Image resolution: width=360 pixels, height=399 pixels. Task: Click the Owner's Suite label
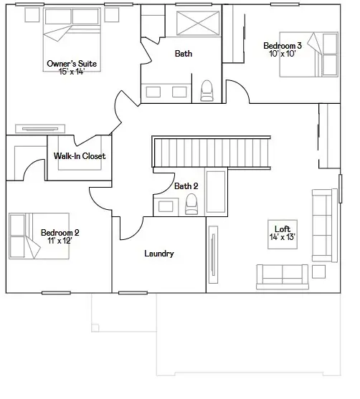72,64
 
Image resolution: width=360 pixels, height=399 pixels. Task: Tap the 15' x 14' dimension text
72,72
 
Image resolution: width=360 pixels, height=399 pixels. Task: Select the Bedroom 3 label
283,45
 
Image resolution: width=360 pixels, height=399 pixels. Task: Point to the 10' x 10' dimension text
283,54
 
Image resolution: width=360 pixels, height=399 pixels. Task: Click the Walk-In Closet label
79,156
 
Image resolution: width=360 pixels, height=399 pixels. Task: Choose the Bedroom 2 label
60,232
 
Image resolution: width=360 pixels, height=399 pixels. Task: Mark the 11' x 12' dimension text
60,241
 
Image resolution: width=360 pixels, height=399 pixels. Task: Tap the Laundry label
158,254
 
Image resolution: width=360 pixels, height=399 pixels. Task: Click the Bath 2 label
186,186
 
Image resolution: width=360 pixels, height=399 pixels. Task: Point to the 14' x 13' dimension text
282,237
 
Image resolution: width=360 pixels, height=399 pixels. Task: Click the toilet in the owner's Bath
207,90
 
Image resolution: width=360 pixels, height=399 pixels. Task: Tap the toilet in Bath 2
191,204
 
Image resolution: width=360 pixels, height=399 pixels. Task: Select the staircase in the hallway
212,152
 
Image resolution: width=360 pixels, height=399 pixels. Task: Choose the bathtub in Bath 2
216,192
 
